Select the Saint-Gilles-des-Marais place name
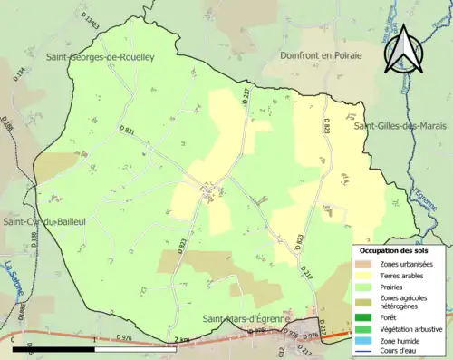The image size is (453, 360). point(402,125)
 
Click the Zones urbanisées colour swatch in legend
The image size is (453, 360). point(364,263)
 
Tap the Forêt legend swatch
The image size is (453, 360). point(364,316)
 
